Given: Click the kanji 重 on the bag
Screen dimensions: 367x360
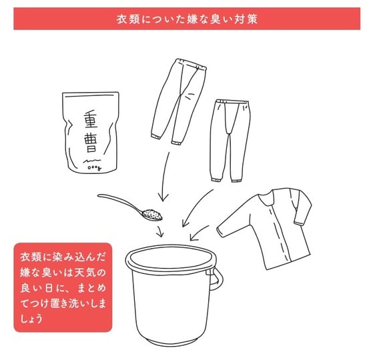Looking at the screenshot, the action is [x=91, y=119].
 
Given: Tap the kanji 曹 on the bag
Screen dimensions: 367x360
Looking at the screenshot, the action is [x=90, y=143].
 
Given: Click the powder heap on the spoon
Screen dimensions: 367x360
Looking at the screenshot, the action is [x=152, y=214].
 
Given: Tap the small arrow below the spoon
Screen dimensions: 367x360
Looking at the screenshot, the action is [x=160, y=231].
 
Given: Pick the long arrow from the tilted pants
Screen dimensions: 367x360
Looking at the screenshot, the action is [x=164, y=176].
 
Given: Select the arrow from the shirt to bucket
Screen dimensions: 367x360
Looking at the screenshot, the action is [x=198, y=233].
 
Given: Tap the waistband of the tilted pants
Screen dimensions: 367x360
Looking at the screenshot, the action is [x=191, y=64].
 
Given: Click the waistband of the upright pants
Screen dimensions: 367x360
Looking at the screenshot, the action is [x=232, y=101].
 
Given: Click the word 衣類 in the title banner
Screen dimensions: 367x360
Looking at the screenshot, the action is [x=128, y=19].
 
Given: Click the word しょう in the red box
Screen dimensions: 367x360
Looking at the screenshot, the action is [x=31, y=319].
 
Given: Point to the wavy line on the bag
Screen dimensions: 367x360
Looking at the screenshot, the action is [x=92, y=161].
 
